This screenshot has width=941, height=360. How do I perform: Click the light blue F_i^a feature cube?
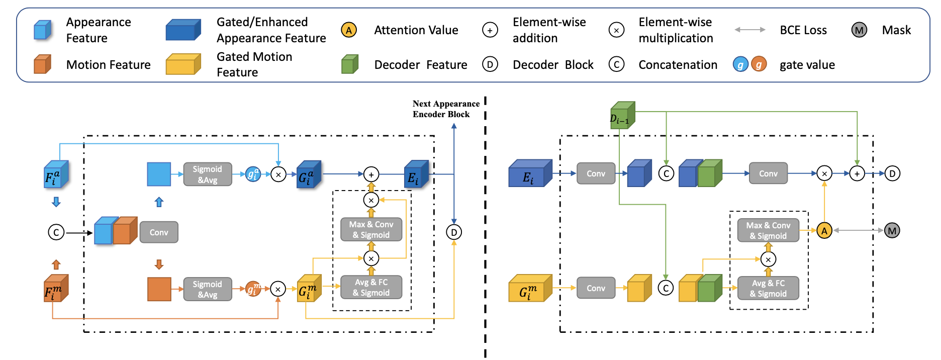(56, 174)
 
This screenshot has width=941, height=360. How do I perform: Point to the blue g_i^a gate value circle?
(253, 174)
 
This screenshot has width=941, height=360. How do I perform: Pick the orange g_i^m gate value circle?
(253, 289)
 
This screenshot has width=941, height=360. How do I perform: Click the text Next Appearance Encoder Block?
(445, 109)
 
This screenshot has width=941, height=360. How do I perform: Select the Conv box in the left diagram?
(159, 232)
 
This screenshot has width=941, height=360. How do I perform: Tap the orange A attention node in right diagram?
(824, 231)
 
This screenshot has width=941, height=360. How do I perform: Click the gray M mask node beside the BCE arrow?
(892, 231)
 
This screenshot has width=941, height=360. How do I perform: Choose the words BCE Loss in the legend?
(803, 30)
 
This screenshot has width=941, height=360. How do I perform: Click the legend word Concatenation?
(678, 65)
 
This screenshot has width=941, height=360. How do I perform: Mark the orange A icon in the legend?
(348, 30)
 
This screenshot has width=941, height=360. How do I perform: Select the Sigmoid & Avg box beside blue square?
(207, 174)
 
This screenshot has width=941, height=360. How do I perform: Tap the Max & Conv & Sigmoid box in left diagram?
(371, 230)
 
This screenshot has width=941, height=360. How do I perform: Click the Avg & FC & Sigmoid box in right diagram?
(768, 289)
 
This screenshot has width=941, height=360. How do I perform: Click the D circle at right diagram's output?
(892, 174)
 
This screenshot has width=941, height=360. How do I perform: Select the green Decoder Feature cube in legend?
(349, 64)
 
